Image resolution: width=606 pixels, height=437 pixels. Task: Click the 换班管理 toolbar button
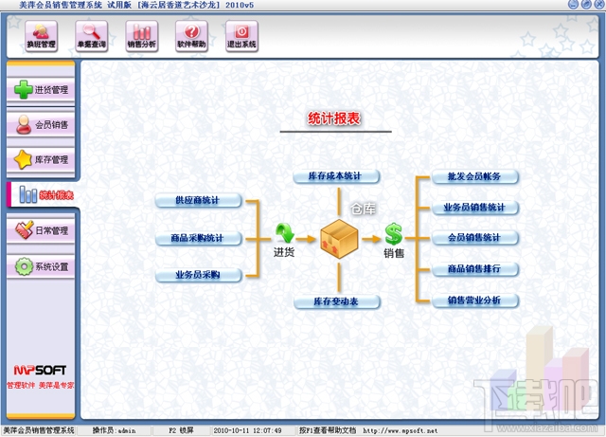click(x=41, y=35)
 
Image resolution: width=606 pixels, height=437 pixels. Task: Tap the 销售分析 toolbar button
click(x=141, y=35)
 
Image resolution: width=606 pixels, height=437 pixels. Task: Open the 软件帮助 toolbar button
click(x=191, y=35)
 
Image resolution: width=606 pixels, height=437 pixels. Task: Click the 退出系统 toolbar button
click(x=241, y=35)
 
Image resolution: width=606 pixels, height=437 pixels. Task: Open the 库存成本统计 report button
click(x=335, y=176)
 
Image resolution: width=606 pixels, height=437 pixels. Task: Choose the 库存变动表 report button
click(x=335, y=301)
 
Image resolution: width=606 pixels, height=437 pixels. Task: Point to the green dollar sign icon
click(x=393, y=233)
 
